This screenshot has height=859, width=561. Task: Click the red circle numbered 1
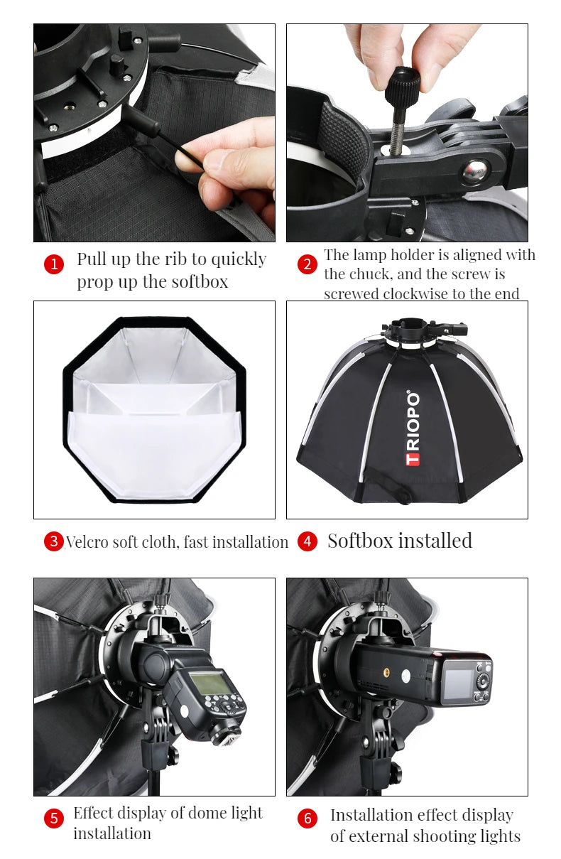(x=54, y=265)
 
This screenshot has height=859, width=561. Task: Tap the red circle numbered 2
(x=307, y=265)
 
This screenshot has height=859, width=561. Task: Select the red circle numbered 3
(x=54, y=541)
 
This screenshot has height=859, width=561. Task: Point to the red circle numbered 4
(x=307, y=541)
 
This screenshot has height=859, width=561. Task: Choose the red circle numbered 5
(x=54, y=819)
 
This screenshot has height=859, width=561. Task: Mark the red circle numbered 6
(x=307, y=819)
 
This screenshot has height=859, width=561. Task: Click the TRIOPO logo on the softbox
(x=413, y=428)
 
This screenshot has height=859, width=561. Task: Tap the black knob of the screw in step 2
(x=403, y=85)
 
